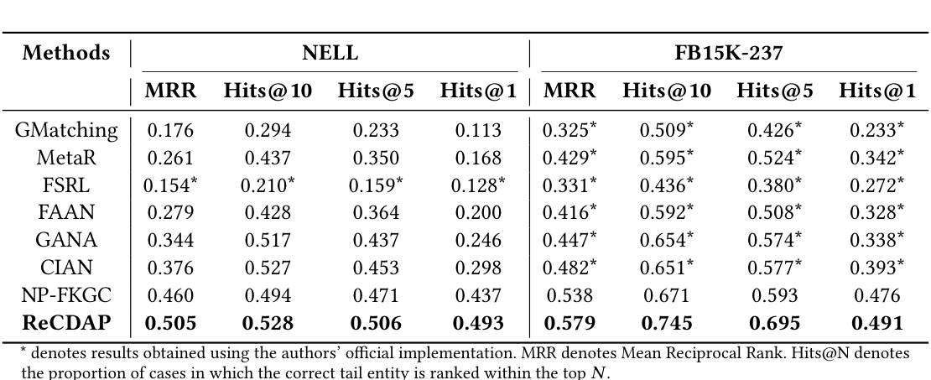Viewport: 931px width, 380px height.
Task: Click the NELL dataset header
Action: point(330,54)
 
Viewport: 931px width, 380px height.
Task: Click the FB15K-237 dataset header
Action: point(728,54)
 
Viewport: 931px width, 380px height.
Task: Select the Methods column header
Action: point(66,54)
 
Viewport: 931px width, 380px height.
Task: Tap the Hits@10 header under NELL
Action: point(268,91)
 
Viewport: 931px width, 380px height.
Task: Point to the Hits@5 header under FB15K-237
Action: point(774,91)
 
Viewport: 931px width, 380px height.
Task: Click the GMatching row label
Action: point(66,130)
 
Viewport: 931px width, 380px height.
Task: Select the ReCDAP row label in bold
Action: point(66,323)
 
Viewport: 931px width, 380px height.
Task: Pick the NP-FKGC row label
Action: point(66,295)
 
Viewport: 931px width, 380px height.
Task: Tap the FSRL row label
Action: point(66,185)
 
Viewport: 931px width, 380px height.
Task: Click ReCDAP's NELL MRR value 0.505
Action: point(171,323)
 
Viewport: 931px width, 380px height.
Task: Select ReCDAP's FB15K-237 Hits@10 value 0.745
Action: point(666,323)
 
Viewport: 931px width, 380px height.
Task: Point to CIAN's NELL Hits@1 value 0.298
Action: point(478,268)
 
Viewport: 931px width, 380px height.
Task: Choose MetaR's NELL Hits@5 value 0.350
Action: point(376,158)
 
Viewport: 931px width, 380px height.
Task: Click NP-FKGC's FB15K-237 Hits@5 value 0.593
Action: point(775,295)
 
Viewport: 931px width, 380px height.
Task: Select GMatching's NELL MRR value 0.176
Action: point(171,130)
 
